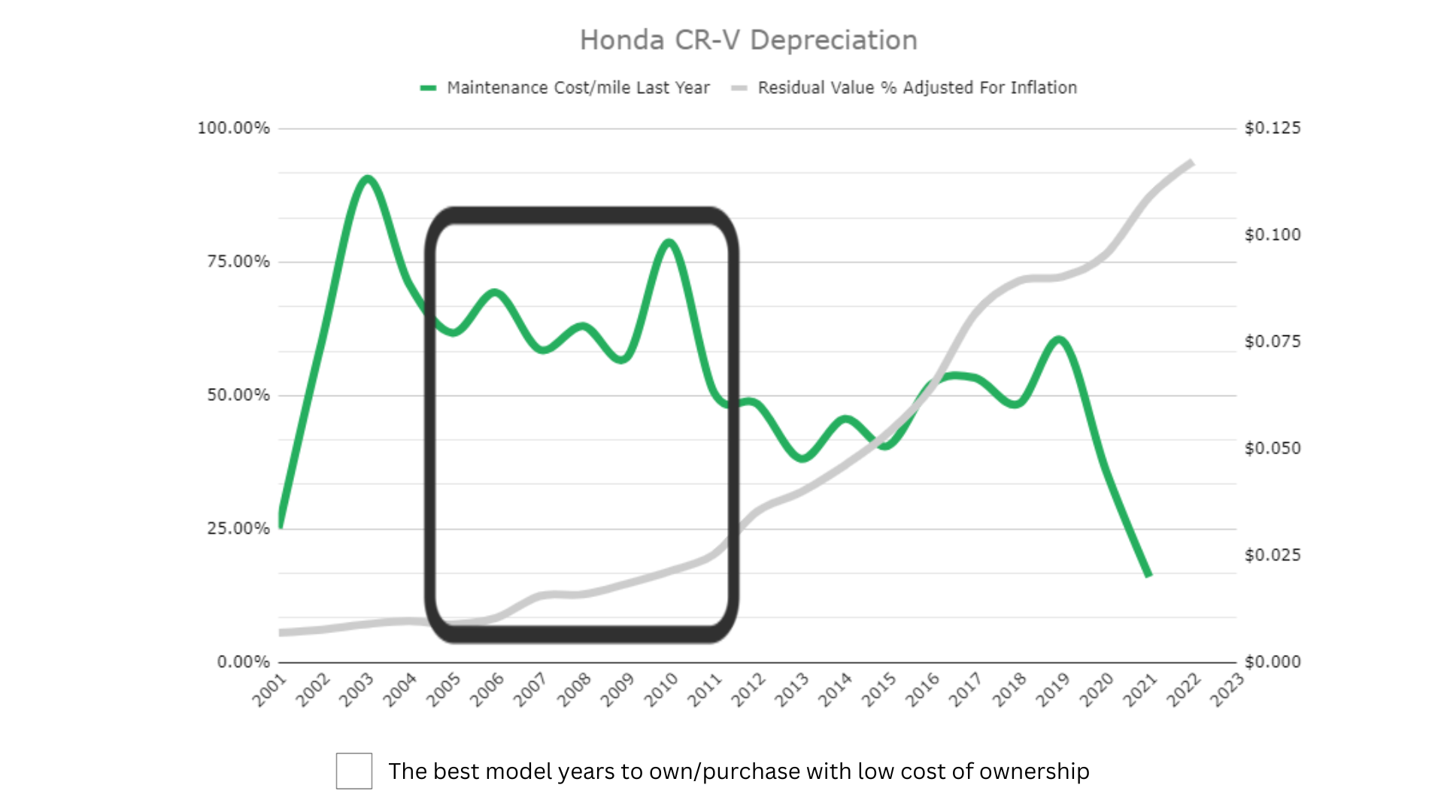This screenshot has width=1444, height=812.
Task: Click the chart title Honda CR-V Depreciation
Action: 748,41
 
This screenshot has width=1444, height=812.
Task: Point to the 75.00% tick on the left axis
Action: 238,262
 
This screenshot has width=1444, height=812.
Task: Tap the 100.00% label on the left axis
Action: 233,128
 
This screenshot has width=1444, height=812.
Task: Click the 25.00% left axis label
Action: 238,529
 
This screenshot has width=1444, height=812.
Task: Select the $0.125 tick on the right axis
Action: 1273,128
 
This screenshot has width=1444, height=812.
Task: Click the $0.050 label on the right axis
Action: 1273,448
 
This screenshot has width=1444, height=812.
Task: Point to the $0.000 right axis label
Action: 1273,662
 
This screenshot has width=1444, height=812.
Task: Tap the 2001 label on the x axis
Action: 270,690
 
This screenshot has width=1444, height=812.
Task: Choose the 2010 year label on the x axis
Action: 661,690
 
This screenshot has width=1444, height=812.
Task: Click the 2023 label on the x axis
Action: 1227,690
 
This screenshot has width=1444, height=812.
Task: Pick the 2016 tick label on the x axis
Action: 922,690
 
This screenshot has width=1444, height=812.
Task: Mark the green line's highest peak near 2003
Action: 367,179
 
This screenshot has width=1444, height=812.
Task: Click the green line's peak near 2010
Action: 669,242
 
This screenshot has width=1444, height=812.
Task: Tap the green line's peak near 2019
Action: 1059,340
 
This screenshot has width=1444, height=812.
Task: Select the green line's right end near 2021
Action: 1148,575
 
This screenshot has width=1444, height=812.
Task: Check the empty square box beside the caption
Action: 354,771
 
